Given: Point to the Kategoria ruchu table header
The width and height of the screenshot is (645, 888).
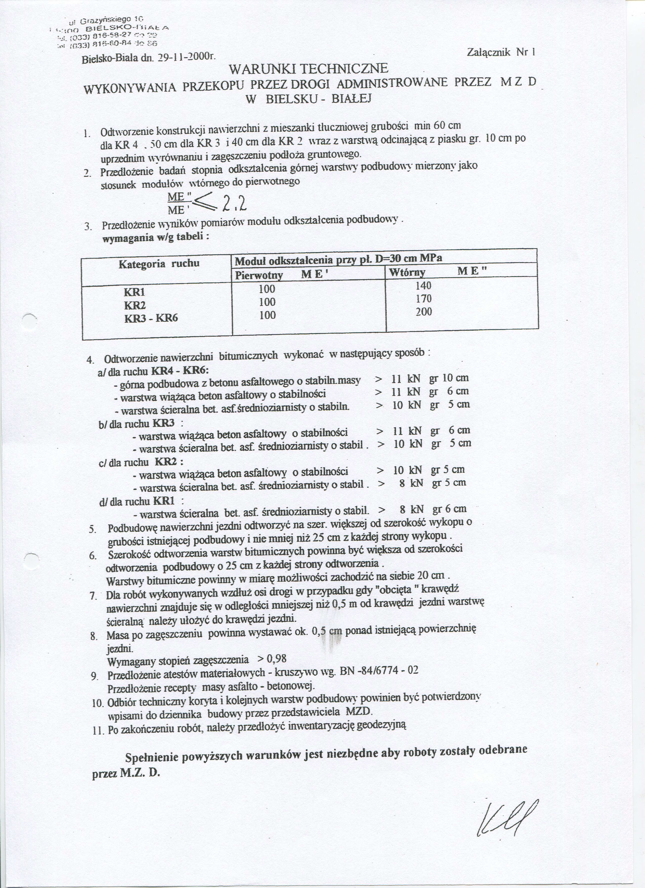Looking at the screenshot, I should pyautogui.click(x=159, y=263).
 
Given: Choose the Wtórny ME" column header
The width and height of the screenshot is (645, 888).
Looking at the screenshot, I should pyautogui.click(x=438, y=272).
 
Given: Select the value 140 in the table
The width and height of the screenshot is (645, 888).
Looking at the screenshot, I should pyautogui.click(x=423, y=285).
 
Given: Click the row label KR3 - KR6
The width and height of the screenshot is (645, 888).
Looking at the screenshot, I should pyautogui.click(x=151, y=318).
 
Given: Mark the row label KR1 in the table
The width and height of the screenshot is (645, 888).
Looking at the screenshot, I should pyautogui.click(x=135, y=292).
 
